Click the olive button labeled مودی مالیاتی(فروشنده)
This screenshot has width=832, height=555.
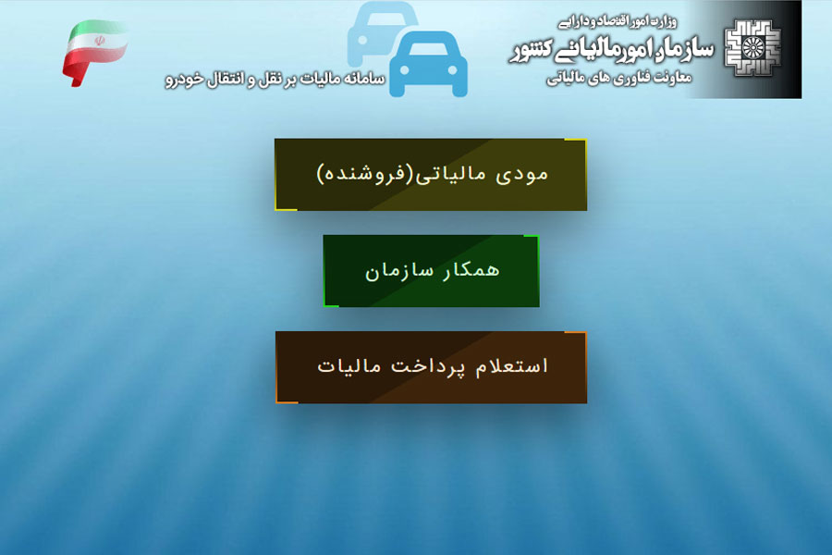(431, 175)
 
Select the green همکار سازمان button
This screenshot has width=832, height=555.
(432, 271)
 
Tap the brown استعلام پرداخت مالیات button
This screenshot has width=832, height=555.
(432, 367)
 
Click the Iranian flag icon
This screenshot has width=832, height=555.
(95, 53)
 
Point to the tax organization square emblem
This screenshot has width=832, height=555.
(752, 48)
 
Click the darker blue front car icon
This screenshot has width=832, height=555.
(429, 64)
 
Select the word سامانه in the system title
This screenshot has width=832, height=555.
(364, 79)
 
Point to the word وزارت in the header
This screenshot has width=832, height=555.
(665, 22)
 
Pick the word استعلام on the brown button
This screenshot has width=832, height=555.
(511, 366)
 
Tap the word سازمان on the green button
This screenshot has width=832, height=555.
(398, 271)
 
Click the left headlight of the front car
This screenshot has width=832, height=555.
(404, 70)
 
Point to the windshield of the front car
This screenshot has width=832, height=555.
(429, 48)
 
